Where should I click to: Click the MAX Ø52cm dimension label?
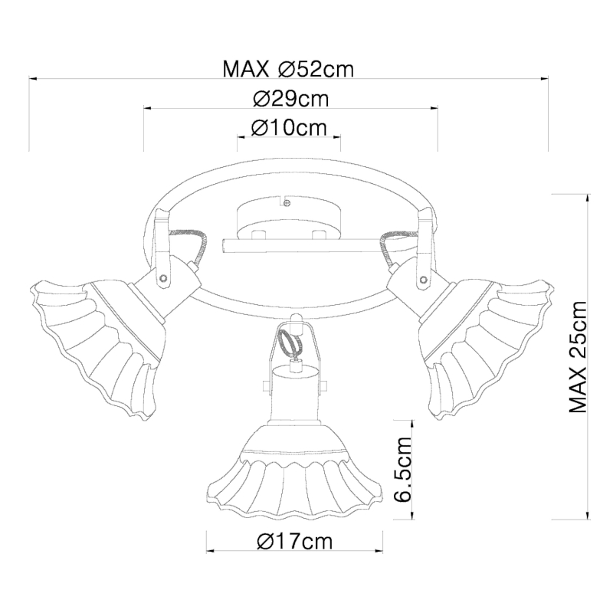point(288,69)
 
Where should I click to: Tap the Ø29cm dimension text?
point(291,99)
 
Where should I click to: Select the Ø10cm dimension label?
point(289,127)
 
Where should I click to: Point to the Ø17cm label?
point(295,541)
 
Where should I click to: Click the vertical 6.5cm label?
point(403,469)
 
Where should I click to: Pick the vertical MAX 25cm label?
point(578,356)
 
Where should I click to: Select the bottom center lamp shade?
point(295,477)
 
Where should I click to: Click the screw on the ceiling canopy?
point(287,203)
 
